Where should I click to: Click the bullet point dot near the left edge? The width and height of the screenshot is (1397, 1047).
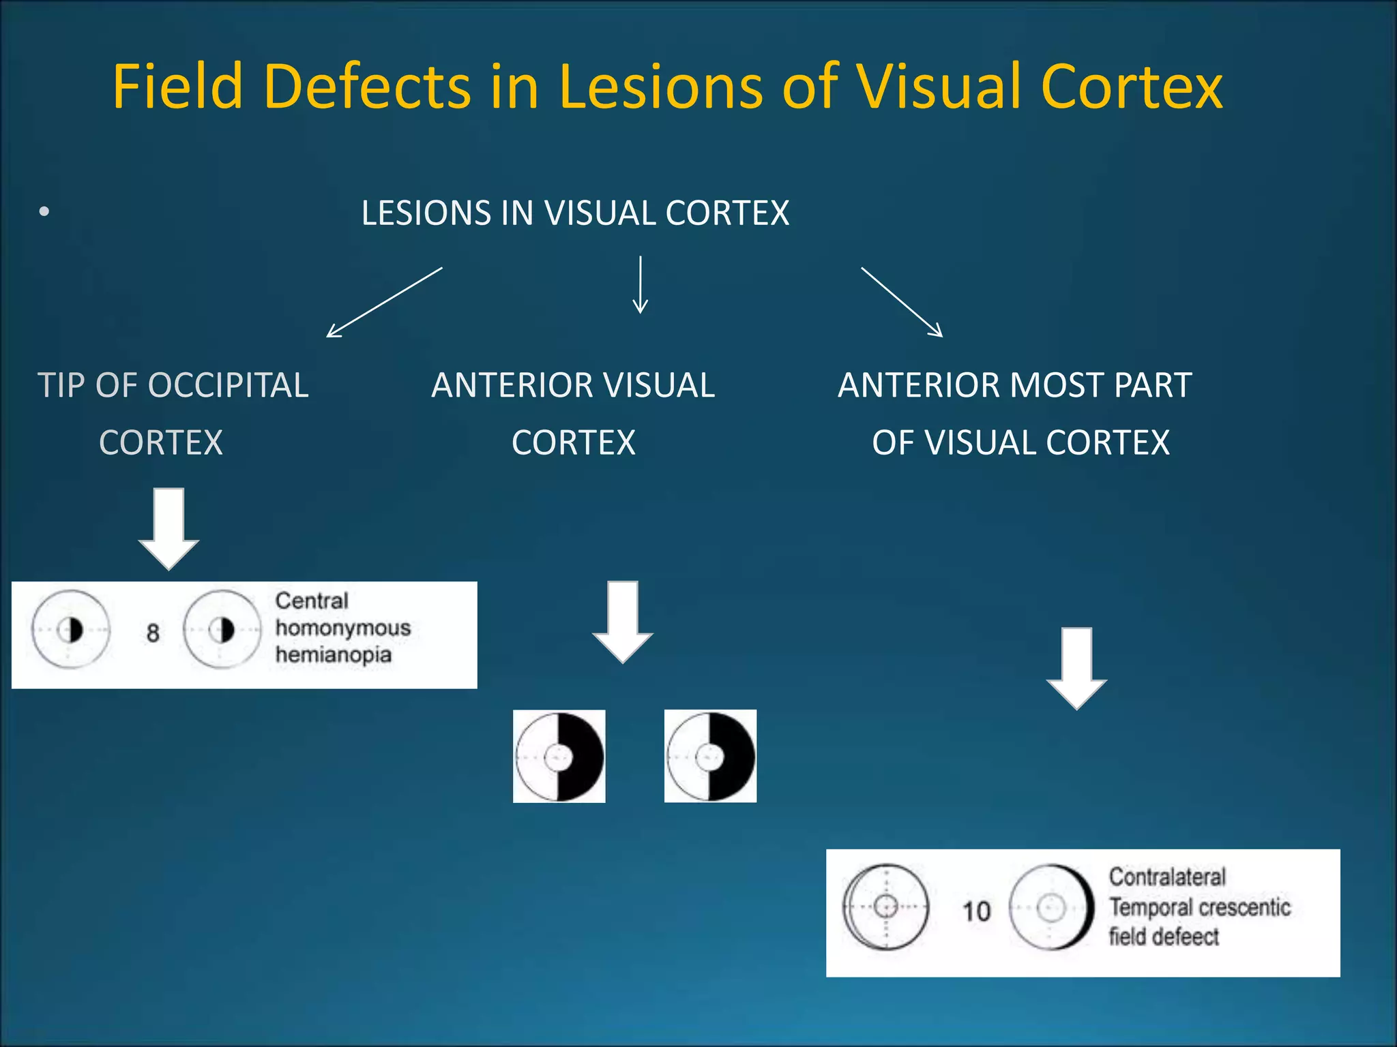44,212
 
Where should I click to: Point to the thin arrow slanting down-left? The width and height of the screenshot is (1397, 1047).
384,302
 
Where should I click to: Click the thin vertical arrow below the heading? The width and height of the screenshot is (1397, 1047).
640,285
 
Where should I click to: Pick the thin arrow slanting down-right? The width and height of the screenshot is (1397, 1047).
902,302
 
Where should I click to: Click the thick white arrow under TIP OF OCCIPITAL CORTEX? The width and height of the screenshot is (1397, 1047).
168,528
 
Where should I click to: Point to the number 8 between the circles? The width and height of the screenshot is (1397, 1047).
153,633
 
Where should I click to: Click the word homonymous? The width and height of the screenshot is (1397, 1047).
342,628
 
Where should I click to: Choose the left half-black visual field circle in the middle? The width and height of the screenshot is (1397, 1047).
559,757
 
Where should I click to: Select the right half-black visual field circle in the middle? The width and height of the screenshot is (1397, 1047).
710,756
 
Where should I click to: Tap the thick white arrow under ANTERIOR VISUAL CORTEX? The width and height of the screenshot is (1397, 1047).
623,622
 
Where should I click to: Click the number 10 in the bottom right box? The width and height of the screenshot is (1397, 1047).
976,911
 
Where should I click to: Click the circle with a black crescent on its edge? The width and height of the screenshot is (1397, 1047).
1051,907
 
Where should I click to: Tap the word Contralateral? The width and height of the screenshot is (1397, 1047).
1167,877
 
